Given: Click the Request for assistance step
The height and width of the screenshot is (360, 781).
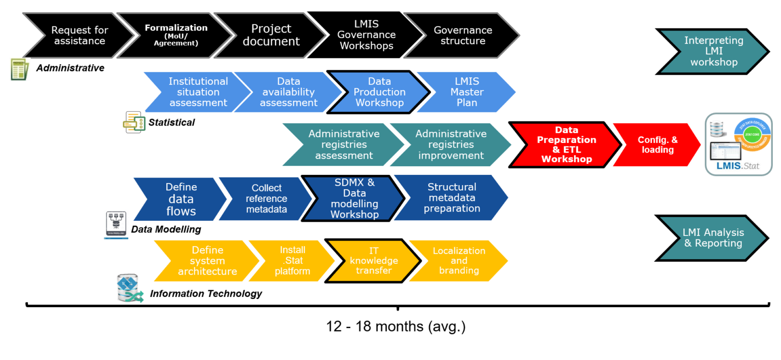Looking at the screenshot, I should pyautogui.click(x=78, y=36).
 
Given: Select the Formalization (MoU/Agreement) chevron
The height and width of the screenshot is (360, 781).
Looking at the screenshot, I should pyautogui.click(x=176, y=35).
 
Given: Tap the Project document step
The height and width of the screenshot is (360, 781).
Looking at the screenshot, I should pyautogui.click(x=271, y=35).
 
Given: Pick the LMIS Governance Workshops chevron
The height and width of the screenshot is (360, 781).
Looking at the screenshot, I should pyautogui.click(x=366, y=35).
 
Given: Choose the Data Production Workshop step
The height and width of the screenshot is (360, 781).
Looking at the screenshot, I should pyautogui.click(x=379, y=92).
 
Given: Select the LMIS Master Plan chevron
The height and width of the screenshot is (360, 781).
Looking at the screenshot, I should pyautogui.click(x=467, y=92).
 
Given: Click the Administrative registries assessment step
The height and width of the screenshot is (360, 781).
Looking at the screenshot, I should pyautogui.click(x=344, y=144).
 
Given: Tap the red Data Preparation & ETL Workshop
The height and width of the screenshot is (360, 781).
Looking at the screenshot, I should pyautogui.click(x=566, y=144).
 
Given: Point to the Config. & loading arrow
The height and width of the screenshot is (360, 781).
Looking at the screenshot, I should pyautogui.click(x=657, y=145).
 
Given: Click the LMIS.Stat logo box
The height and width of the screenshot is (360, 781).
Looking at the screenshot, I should pyautogui.click(x=738, y=144).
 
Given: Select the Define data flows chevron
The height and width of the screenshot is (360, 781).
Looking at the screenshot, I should pyautogui.click(x=181, y=199).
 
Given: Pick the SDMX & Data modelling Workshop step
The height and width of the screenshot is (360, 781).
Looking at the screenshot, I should pyautogui.click(x=354, y=198).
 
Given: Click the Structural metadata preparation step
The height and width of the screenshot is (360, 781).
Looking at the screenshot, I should pyautogui.click(x=452, y=198).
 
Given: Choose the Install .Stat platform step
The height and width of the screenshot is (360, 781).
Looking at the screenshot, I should pyautogui.click(x=292, y=260).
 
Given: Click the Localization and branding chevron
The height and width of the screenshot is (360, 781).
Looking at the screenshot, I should pyautogui.click(x=459, y=260).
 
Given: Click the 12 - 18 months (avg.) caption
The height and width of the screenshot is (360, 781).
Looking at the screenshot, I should pyautogui.click(x=396, y=326).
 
